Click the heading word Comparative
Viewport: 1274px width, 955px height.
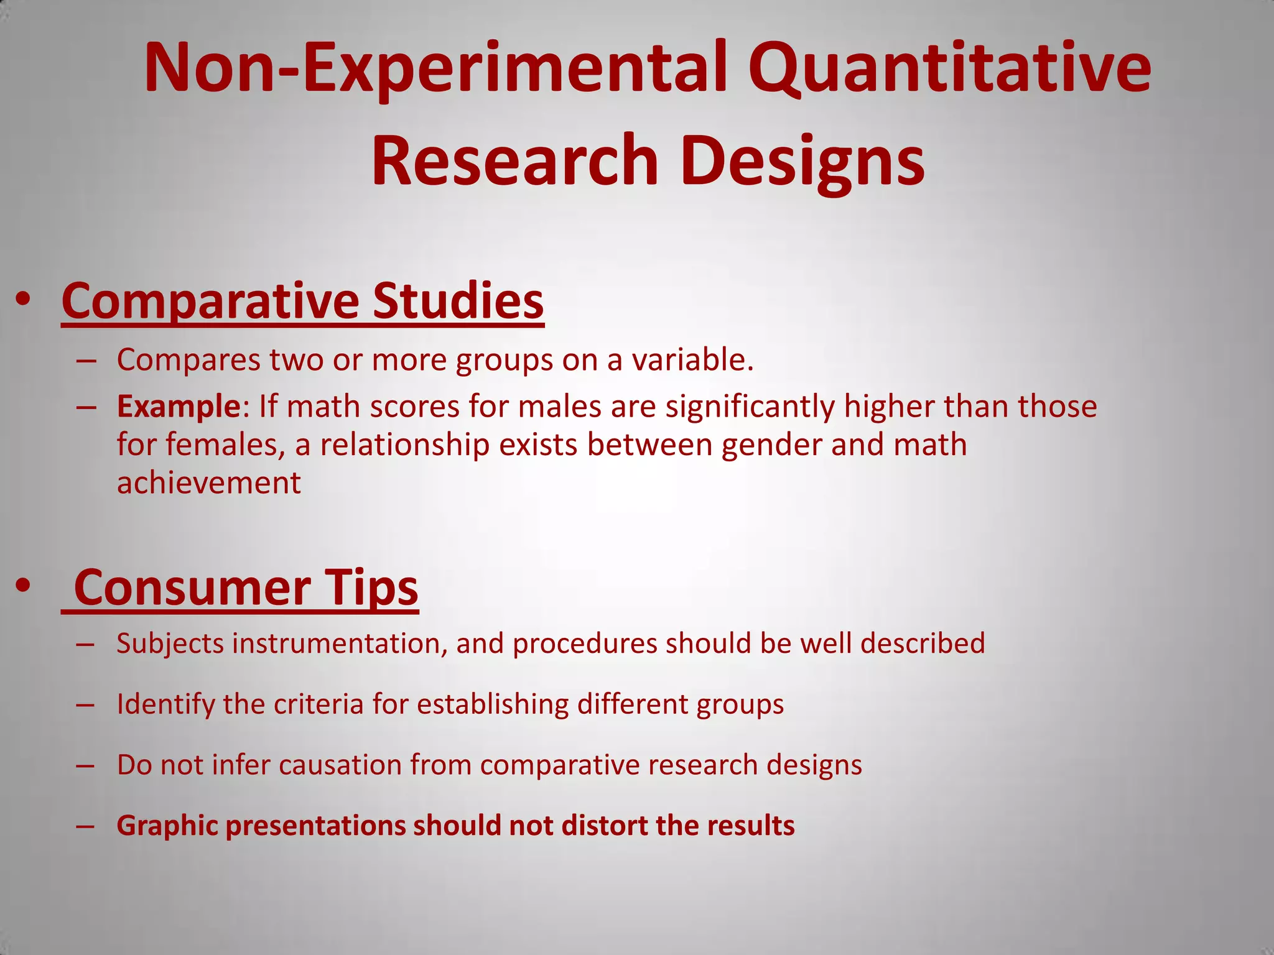pyautogui.click(x=210, y=301)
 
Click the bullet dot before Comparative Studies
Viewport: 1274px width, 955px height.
pyautogui.click(x=24, y=300)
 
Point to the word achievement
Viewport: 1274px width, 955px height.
pyautogui.click(x=209, y=483)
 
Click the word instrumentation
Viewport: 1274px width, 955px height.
pyautogui.click(x=339, y=644)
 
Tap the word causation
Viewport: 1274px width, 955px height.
pyautogui.click(x=340, y=765)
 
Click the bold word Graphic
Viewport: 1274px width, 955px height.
pyautogui.click(x=167, y=826)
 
